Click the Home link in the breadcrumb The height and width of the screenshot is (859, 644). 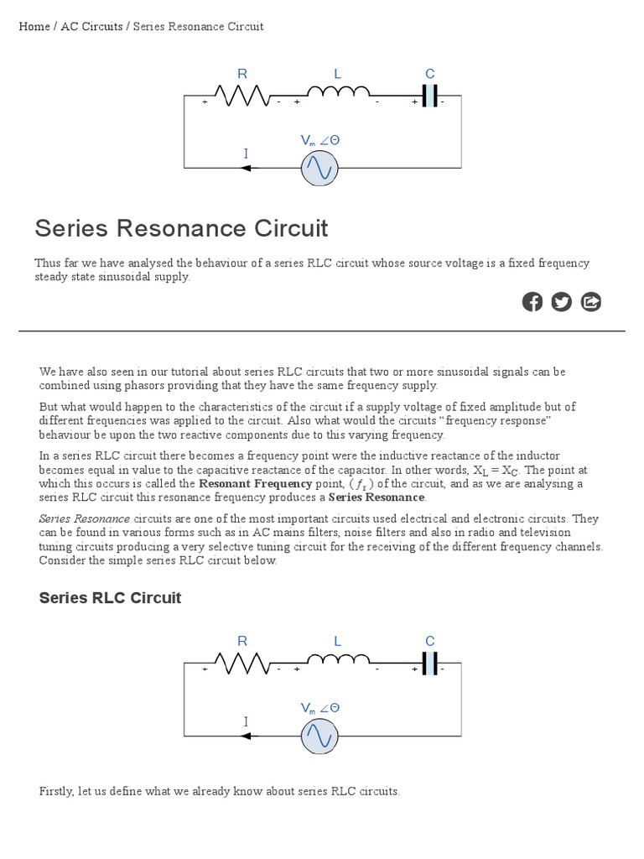point(34,27)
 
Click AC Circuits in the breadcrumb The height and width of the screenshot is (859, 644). point(91,27)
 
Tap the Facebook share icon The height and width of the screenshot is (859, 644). point(532,302)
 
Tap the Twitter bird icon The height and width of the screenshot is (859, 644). point(562,302)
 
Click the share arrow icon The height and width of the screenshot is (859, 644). point(591,302)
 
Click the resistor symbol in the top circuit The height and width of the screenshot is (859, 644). point(242,96)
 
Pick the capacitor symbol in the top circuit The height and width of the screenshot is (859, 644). point(429,96)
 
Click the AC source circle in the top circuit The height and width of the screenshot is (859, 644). point(319,168)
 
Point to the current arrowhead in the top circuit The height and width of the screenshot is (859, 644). point(246,168)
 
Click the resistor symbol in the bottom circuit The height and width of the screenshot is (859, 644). point(242,664)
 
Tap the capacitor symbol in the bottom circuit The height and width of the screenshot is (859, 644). point(429,664)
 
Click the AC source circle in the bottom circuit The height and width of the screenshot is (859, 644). point(319,736)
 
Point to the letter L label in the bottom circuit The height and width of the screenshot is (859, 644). point(338,642)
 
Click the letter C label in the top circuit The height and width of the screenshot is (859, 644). point(430,74)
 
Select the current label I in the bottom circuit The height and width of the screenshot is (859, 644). point(246,721)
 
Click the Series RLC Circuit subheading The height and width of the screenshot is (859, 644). point(110,598)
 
